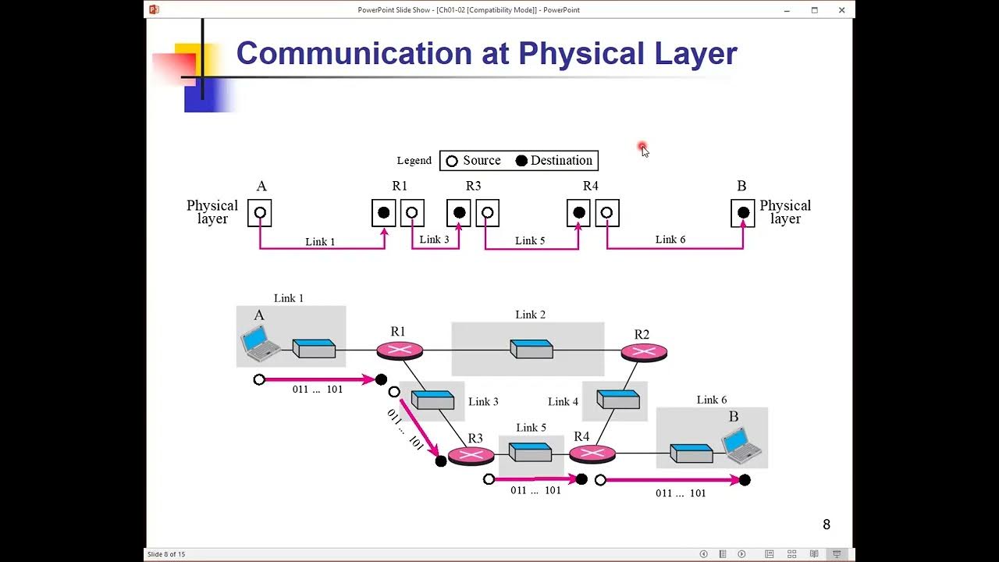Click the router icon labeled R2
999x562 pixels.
[644, 352]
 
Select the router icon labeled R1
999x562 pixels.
[400, 350]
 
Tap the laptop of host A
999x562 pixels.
[259, 343]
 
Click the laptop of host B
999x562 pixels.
[741, 445]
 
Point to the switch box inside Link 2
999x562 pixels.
[531, 348]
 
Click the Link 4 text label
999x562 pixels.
[563, 401]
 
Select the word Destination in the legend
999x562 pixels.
[561, 161]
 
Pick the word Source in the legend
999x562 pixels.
[482, 161]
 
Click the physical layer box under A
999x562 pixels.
[260, 212]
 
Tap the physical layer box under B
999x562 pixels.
[743, 212]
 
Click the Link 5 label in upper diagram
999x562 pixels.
[530, 240]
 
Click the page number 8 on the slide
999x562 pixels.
[827, 525]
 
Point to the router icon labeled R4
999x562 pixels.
[592, 453]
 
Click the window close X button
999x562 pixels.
[841, 10]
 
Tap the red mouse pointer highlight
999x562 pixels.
[642, 148]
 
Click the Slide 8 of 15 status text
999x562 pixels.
[166, 554]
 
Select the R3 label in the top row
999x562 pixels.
[473, 186]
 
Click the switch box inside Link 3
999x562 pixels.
[432, 400]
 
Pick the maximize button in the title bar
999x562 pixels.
[814, 10]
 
